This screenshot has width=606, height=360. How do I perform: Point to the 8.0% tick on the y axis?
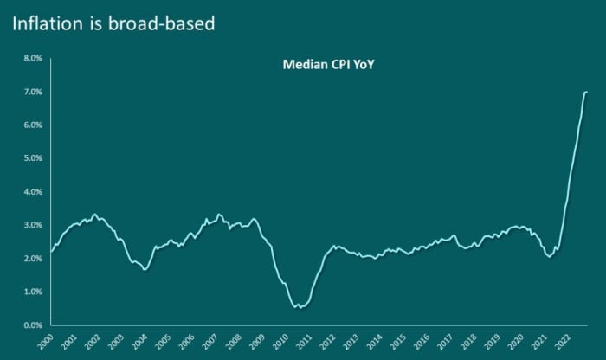pos(31,59)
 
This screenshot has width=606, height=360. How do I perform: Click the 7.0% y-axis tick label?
pos(31,92)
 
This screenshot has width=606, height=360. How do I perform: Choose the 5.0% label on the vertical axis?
pos(31,158)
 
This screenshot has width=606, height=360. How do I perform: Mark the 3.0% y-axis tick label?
pos(31,225)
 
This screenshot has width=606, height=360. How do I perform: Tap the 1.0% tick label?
pos(31,292)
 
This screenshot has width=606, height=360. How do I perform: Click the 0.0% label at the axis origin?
pos(31,325)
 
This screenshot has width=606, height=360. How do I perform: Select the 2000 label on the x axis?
pos(49,341)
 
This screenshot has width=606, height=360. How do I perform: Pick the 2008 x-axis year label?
pos(230,341)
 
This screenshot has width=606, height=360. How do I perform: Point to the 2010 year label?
pos(275,341)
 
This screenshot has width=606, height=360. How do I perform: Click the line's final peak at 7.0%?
pos(586,92)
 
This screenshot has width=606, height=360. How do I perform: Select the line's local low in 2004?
pos(145,270)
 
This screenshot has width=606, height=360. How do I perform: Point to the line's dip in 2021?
pos(550,256)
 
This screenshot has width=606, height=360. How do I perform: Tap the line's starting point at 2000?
pos(51,252)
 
